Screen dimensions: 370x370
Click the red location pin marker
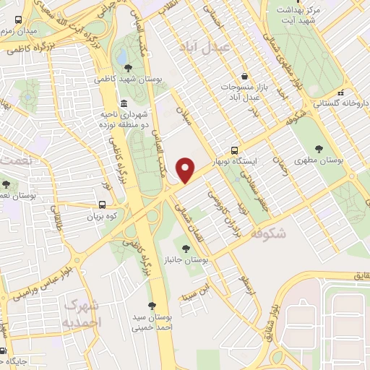(x=186, y=170)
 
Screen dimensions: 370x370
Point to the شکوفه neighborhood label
(x=267, y=233)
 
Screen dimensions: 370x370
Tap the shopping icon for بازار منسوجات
(x=244, y=76)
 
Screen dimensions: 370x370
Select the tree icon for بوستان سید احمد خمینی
(x=152, y=306)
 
